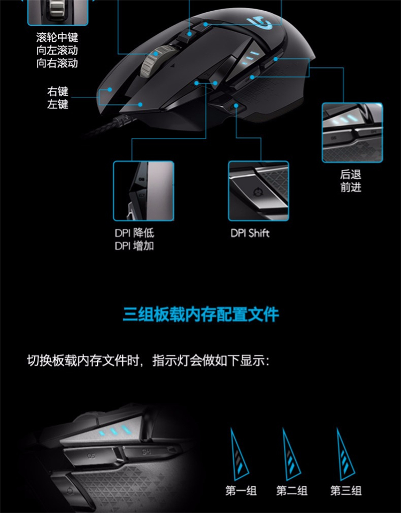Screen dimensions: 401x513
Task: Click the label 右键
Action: [x=58, y=91]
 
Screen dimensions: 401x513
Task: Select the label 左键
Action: [x=58, y=104]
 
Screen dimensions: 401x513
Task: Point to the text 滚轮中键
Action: [x=57, y=37]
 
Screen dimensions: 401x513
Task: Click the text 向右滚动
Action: [x=57, y=63]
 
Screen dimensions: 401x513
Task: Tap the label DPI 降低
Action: [x=134, y=233]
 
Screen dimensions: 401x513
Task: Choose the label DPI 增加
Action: [x=134, y=246]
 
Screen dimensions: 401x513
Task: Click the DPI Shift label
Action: [x=250, y=233]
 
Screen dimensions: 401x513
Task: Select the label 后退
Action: [x=351, y=174]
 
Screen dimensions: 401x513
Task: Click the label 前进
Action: [x=351, y=187]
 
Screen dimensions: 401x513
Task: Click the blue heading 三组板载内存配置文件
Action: [x=200, y=315]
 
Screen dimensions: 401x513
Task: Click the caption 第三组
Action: [x=346, y=491]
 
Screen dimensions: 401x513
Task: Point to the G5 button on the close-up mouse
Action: [x=91, y=455]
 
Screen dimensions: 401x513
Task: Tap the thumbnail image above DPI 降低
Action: [x=143, y=191]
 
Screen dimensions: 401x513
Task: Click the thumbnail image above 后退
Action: [x=352, y=133]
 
